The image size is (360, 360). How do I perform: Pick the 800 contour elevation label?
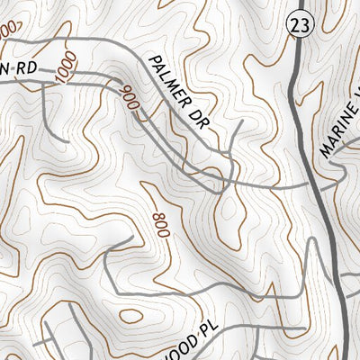click(161, 225)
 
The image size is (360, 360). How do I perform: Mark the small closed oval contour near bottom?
click(131, 316)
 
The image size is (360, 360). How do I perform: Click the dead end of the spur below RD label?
click(65, 141)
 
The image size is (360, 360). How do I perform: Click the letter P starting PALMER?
click(151, 59)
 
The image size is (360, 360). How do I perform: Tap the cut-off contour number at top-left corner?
click(7, 31)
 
